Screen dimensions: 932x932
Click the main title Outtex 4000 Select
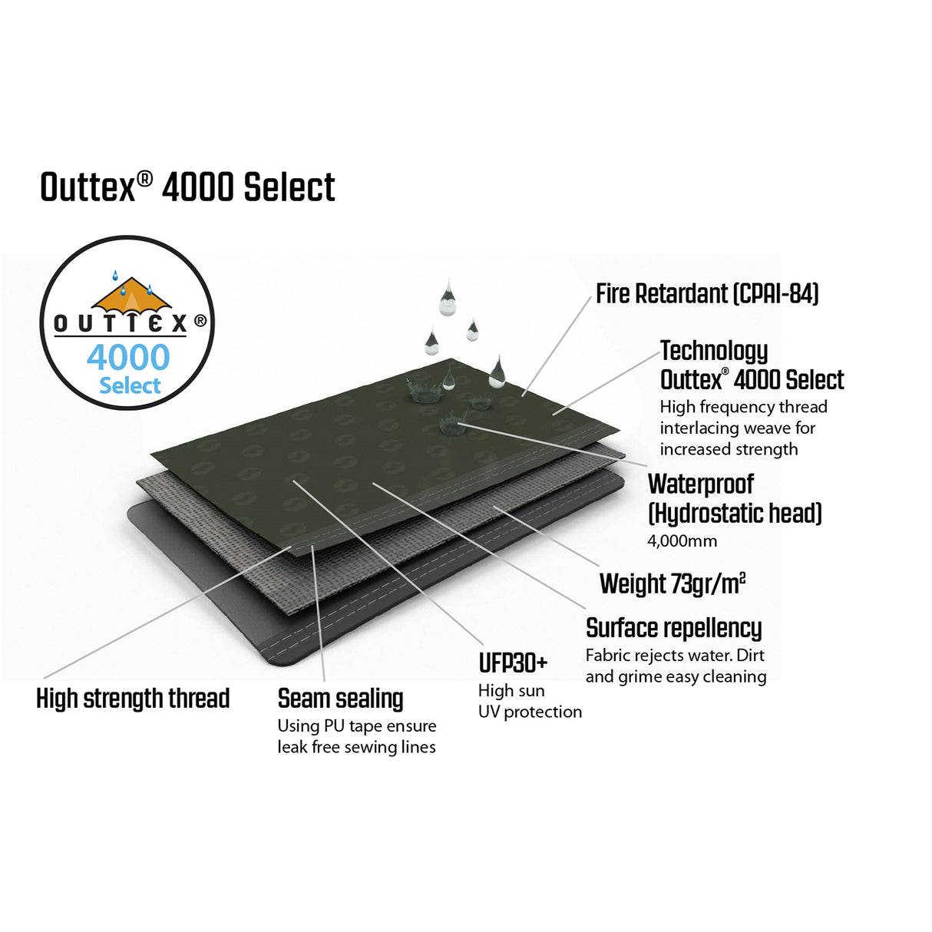point(187,188)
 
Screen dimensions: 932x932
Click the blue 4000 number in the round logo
point(128,358)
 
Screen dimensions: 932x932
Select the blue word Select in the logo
point(130,385)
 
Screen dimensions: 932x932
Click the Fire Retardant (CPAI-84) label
point(707,294)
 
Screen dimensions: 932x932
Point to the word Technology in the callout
point(714,351)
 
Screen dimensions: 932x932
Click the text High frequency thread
point(743,407)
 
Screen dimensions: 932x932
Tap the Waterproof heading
point(701,484)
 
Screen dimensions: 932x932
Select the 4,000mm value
point(682,540)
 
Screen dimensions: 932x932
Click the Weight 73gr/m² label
point(673,584)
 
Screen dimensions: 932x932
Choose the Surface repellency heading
point(673,628)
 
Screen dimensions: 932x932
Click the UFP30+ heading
point(513,663)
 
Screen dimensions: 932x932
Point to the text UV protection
point(530,712)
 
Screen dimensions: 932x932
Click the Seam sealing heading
point(340,699)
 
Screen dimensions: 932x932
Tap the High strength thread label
point(133,699)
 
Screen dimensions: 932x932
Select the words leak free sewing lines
point(356,747)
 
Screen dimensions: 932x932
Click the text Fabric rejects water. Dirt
point(675,656)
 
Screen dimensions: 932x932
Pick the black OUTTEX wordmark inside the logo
point(121,323)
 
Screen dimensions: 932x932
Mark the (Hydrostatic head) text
point(735,513)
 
